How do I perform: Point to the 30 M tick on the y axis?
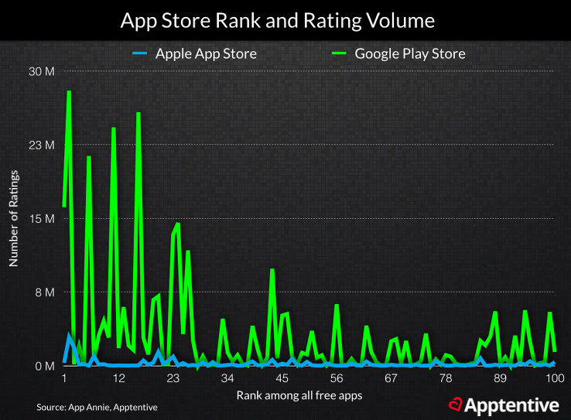click(x=41, y=72)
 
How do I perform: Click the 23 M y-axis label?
click(x=41, y=145)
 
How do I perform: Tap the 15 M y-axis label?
click(x=41, y=219)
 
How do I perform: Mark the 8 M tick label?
click(x=43, y=292)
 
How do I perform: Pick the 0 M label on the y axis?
click(x=43, y=366)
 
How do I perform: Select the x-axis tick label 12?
click(x=118, y=379)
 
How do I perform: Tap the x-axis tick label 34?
click(x=227, y=379)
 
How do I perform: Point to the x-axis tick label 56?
click(x=337, y=379)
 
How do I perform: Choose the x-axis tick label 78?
click(x=446, y=379)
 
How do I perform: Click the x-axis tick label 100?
click(x=554, y=379)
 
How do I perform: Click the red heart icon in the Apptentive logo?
click(x=456, y=405)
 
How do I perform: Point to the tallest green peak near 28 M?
click(x=69, y=92)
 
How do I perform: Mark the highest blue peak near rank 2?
click(x=69, y=335)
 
